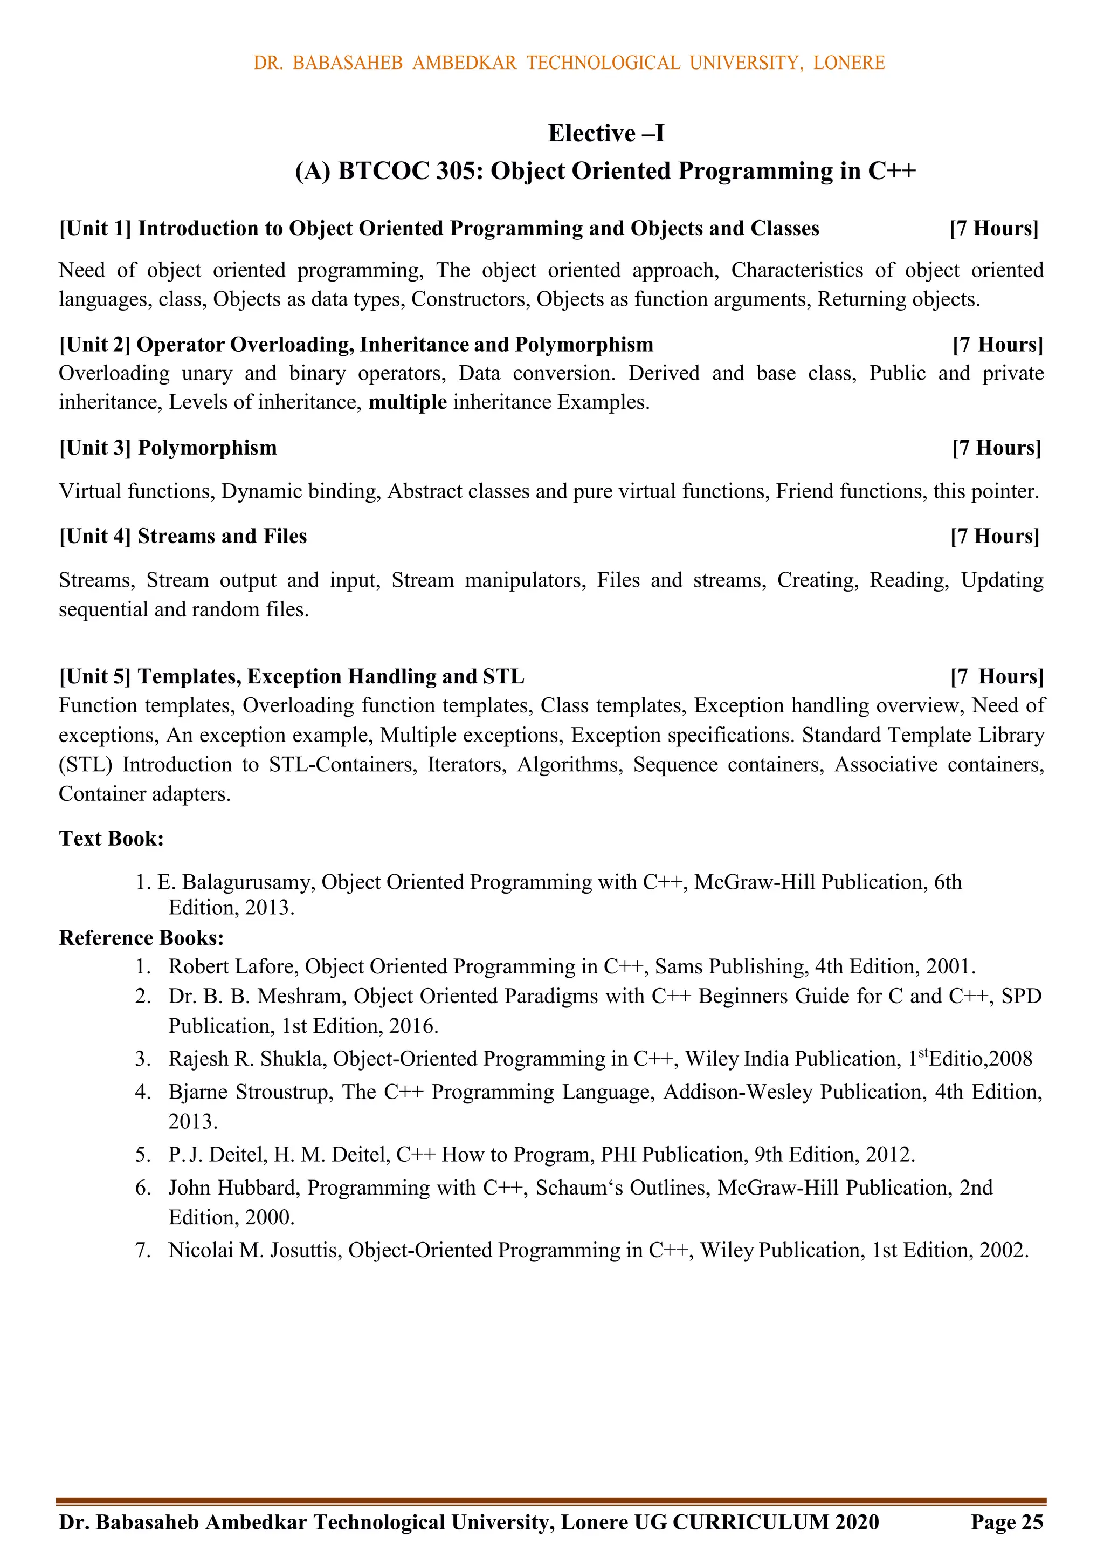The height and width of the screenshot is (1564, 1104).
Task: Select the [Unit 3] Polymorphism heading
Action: coord(168,448)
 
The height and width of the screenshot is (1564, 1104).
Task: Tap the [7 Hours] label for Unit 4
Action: coord(995,536)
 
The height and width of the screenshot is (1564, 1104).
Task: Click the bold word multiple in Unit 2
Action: coord(408,402)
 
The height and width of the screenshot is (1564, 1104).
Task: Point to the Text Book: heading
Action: coord(111,839)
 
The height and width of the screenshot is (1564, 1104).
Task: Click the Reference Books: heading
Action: coord(141,938)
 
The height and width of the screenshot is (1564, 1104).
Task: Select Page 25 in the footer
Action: coord(1006,1522)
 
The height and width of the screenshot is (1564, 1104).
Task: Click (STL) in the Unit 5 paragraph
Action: coord(85,765)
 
